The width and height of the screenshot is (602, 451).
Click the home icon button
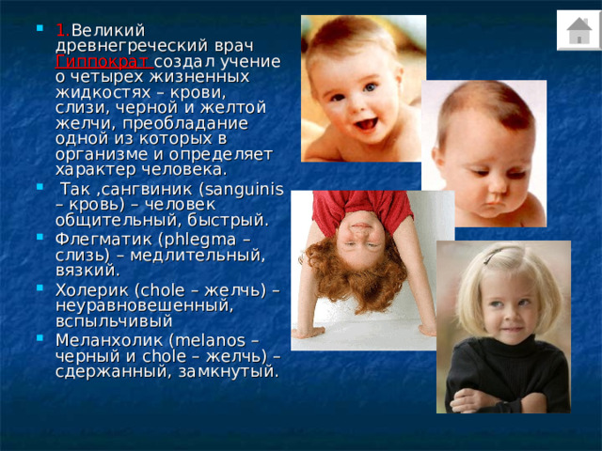point(579,30)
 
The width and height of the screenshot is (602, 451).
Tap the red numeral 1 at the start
point(61,30)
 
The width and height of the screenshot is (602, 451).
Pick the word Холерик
point(92,290)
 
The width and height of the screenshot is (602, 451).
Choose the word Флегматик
point(103,240)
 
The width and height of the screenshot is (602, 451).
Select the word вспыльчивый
point(114,321)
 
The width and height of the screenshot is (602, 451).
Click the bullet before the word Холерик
point(40,288)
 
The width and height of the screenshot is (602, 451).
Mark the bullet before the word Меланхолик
point(40,337)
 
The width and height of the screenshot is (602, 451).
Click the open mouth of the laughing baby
point(366,124)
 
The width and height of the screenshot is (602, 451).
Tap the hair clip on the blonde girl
point(493,256)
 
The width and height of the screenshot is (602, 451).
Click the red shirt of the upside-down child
point(361,209)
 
